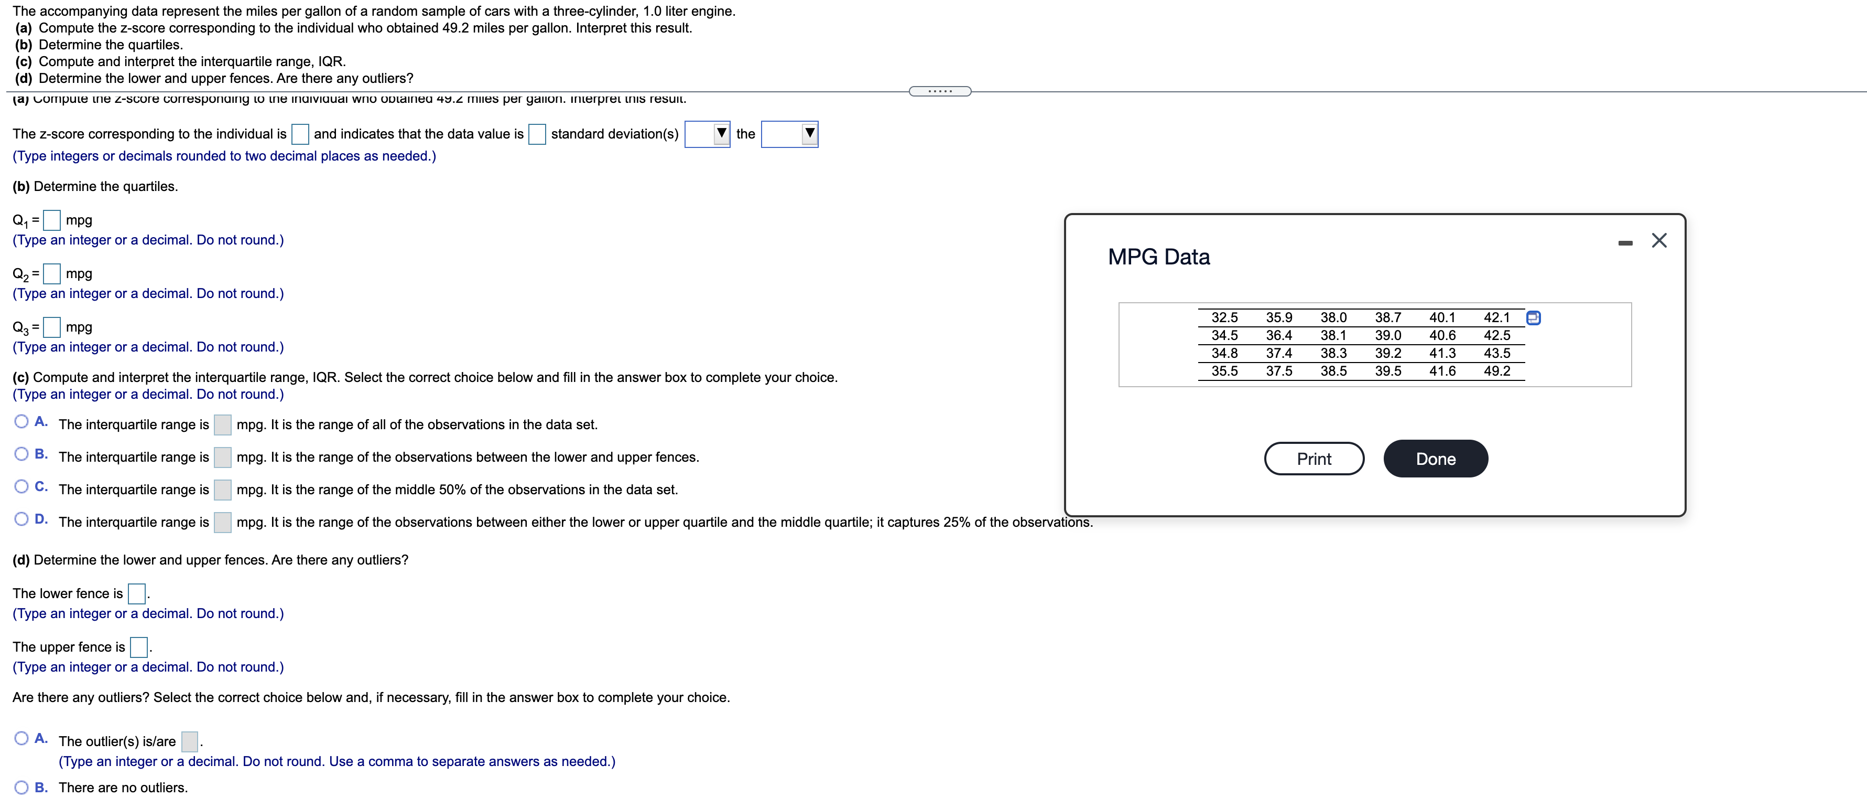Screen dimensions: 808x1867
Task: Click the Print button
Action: tap(1314, 459)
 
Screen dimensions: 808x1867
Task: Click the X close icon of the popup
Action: tap(1658, 241)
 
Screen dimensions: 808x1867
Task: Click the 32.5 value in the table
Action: tap(1224, 317)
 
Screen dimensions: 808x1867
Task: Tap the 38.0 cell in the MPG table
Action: tap(1333, 317)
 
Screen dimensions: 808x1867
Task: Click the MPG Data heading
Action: tap(1158, 257)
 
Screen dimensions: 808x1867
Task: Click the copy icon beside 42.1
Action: tap(1533, 317)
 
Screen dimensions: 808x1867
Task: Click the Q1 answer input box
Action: tap(51, 220)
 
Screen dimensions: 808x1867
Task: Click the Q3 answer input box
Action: tap(51, 327)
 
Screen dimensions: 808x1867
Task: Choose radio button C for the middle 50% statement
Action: tap(21, 487)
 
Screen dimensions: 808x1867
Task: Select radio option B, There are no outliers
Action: tap(21, 788)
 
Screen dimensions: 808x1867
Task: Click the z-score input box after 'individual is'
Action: tap(300, 134)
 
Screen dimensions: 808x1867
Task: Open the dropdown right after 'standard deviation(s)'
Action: tap(707, 134)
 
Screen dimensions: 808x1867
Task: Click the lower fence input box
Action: tap(136, 594)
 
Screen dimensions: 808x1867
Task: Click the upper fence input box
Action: tap(138, 647)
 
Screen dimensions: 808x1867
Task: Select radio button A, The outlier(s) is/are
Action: tap(21, 738)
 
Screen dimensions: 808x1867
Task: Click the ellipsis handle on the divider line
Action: tap(939, 91)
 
